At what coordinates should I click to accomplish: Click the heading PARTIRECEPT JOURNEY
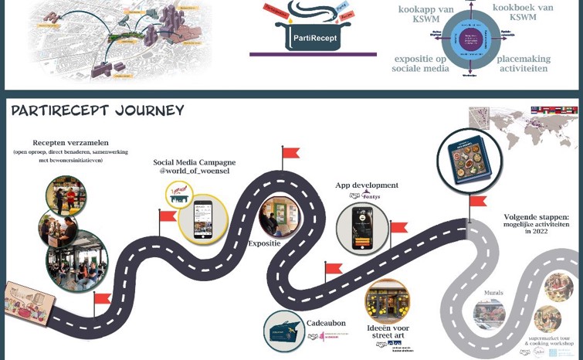click(x=97, y=110)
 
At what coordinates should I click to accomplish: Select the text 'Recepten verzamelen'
click(x=70, y=143)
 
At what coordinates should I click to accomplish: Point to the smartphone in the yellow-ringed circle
click(x=202, y=218)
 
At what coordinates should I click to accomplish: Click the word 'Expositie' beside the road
click(x=264, y=243)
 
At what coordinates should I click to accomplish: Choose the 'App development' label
click(x=366, y=185)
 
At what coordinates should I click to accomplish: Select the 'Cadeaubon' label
click(x=325, y=323)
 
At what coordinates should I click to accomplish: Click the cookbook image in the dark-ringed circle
click(x=469, y=161)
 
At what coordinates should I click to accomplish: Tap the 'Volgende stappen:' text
click(x=536, y=217)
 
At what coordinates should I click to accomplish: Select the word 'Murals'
click(x=493, y=293)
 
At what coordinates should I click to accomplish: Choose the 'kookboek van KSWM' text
click(x=523, y=12)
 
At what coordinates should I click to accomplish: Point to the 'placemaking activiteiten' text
click(x=523, y=63)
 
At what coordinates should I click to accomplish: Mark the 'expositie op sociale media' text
click(x=421, y=63)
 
